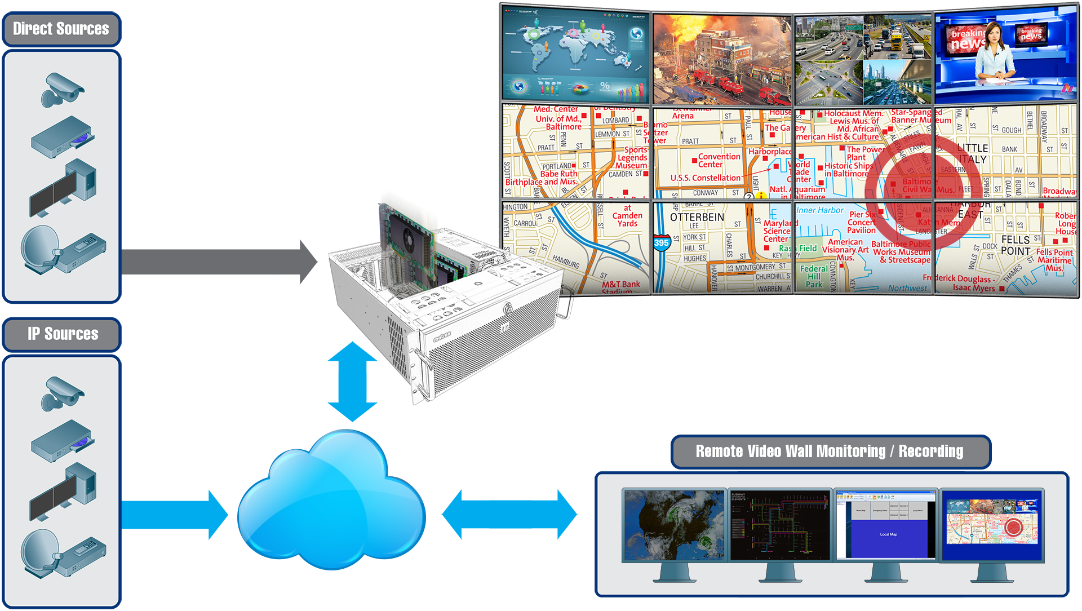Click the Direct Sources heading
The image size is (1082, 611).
click(61, 29)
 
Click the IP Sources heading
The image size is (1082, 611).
click(63, 334)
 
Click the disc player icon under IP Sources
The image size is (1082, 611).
click(63, 440)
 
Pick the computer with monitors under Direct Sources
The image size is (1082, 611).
click(63, 188)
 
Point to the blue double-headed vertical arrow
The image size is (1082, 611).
click(352, 382)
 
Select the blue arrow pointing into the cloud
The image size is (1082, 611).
click(175, 514)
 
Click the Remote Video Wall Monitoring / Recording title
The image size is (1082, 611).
click(830, 451)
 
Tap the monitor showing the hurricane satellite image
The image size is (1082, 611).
click(673, 525)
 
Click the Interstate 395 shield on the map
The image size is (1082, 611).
click(661, 243)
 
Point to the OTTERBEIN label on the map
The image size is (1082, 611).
click(697, 217)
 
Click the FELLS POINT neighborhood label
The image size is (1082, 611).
click(1016, 245)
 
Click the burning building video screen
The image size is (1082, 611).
click(722, 59)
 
